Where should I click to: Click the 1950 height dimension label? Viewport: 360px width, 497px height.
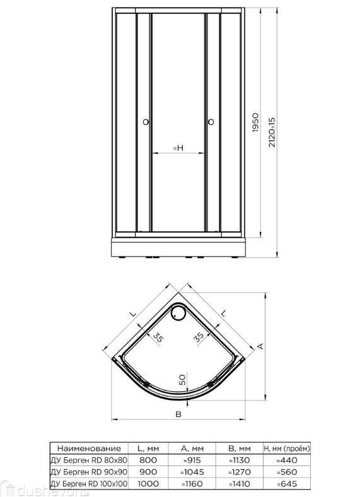[255, 122]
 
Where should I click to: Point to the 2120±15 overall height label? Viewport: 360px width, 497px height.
[272, 132]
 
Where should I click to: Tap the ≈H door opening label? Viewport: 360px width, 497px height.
[178, 147]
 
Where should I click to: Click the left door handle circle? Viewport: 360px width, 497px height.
[146, 122]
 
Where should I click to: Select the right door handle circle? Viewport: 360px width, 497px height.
[211, 122]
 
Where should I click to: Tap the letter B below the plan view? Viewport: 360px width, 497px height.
[178, 414]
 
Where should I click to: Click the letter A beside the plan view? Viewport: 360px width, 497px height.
[260, 346]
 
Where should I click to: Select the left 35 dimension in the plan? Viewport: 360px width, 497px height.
[158, 338]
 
